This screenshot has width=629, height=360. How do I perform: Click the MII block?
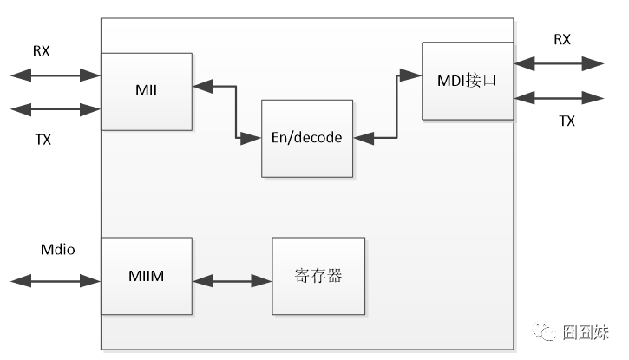point(146,91)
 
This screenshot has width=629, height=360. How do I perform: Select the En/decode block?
point(307,138)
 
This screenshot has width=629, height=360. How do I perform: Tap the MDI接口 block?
point(468,81)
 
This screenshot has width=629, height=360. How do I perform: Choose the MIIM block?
point(146,276)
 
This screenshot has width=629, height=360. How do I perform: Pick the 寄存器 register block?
point(318,276)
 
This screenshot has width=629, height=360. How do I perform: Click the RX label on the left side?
point(42,51)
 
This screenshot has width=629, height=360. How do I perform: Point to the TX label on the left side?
point(42,139)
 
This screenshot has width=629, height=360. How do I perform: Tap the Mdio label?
point(58,251)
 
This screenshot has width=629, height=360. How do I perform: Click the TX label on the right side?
point(567,121)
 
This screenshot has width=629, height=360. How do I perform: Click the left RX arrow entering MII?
point(56,75)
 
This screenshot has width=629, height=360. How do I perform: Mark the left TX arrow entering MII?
point(56,109)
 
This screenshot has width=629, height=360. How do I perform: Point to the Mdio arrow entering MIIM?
point(56,280)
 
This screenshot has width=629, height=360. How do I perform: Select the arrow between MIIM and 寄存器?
point(232,280)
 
